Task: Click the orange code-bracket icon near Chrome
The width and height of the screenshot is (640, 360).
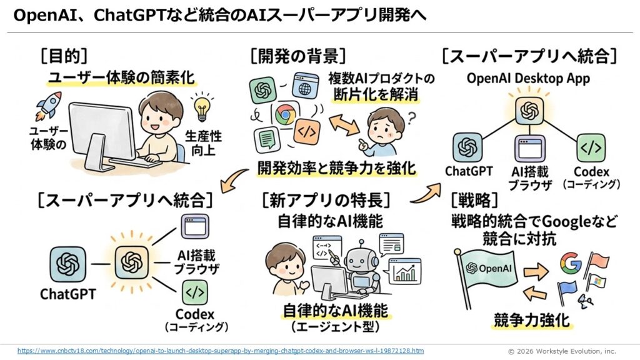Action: (x=309, y=132)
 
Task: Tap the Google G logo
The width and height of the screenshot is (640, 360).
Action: (x=570, y=264)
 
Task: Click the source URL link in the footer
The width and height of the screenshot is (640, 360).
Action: (x=219, y=351)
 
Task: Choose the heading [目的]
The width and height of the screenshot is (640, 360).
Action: (x=62, y=56)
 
